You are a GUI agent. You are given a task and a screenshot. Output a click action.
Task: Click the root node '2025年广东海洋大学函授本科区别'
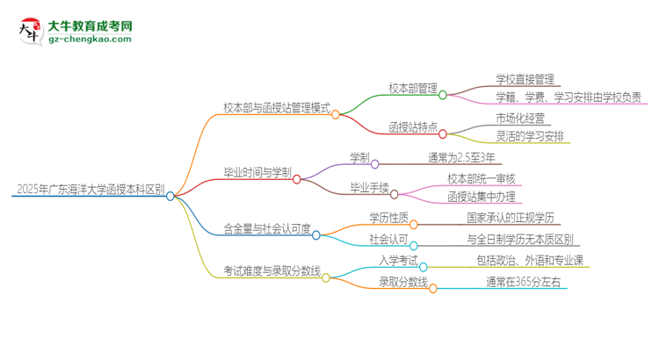[90, 189]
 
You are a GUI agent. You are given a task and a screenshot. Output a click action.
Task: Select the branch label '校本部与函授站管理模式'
[276, 107]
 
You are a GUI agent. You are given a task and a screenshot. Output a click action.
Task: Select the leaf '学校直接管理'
[524, 79]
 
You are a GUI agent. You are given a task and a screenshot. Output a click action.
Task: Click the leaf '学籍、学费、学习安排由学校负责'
[568, 97]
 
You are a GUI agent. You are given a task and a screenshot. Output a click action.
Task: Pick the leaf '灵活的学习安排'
[531, 136]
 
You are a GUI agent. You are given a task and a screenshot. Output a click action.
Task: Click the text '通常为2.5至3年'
[462, 158]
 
